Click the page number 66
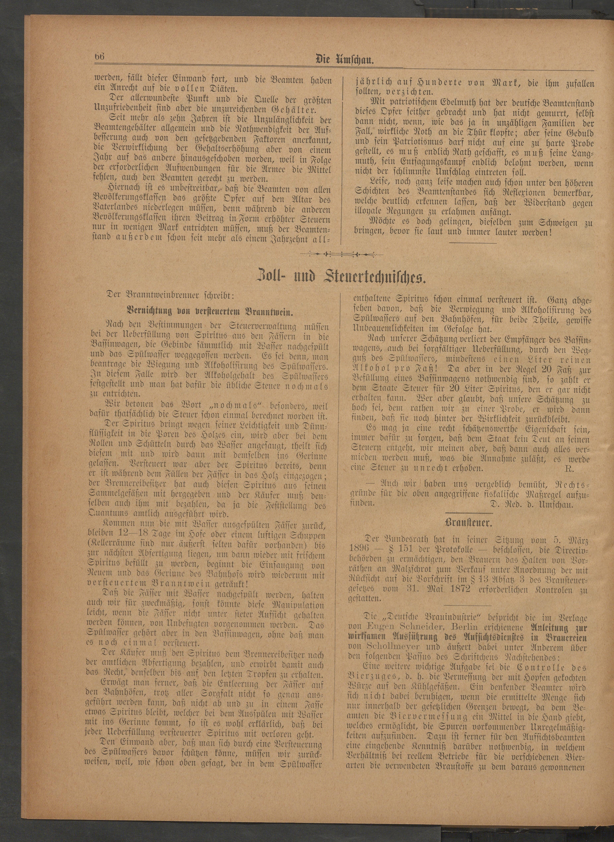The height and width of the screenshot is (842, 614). pyautogui.click(x=99, y=58)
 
